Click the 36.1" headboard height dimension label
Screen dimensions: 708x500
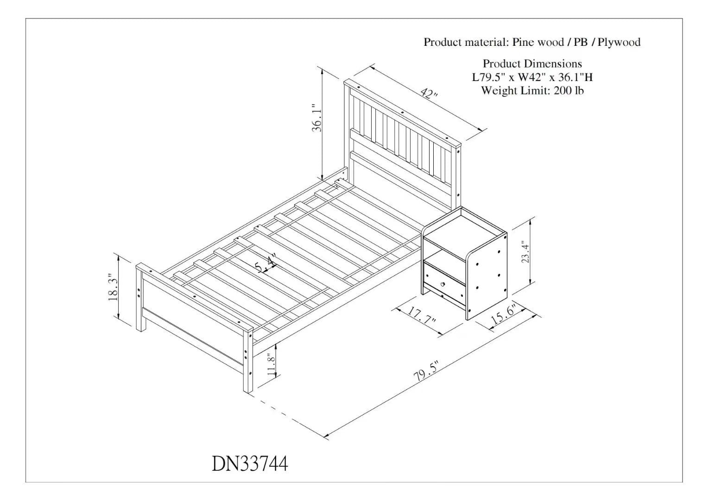pos(317,118)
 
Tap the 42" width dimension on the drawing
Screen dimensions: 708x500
pos(430,94)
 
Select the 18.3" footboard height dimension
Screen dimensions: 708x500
pos(113,287)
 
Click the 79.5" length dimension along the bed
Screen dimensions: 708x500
pos(427,372)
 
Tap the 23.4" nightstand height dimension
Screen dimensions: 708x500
pos(525,252)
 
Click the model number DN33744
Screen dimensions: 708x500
pos(250,464)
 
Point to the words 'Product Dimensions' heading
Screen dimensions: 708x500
pos(532,64)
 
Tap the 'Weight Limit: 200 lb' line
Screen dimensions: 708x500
pos(532,91)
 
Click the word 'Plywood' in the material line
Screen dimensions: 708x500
pos(619,42)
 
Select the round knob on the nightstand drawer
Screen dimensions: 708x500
pos(442,284)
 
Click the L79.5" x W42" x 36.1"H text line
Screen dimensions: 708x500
pos(532,77)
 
